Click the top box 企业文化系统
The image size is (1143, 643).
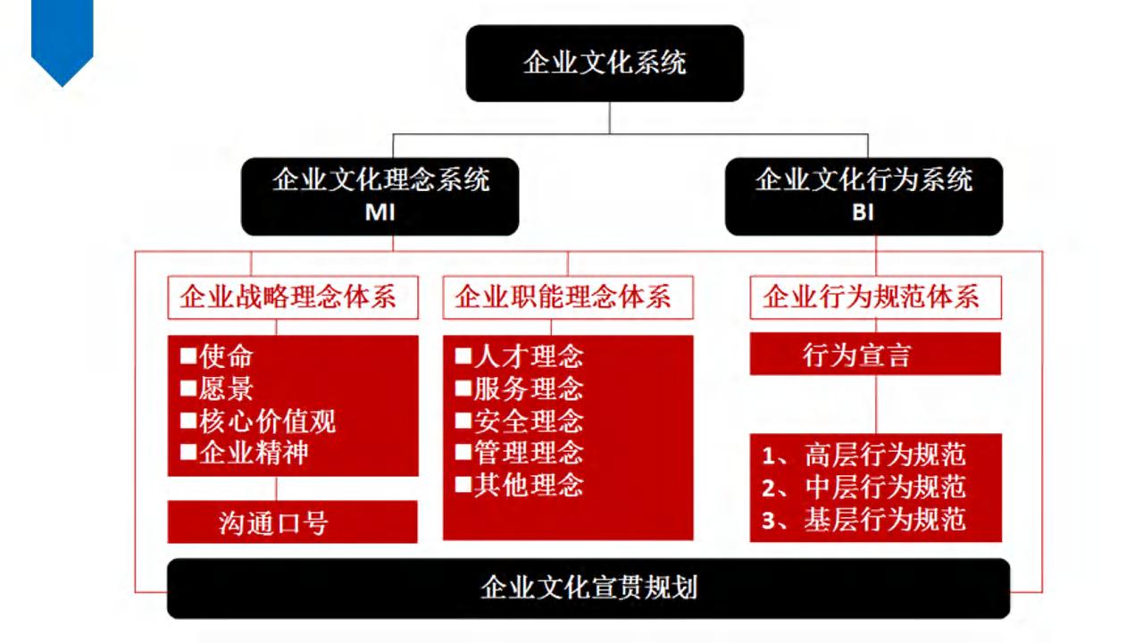click(605, 63)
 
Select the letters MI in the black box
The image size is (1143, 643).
click(380, 213)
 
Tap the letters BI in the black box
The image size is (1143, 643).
click(863, 213)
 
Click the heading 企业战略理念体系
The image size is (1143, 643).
click(288, 296)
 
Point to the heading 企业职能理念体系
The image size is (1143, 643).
click(563, 296)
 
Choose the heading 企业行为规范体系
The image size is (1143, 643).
click(871, 296)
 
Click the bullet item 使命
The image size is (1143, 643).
click(216, 355)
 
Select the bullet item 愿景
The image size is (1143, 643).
click(216, 388)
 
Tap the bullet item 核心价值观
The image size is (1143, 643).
click(258, 421)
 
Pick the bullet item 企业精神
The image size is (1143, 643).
click(245, 453)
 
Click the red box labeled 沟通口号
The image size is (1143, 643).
click(292, 522)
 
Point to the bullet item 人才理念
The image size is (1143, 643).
click(519, 355)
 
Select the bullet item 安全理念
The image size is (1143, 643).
click(519, 421)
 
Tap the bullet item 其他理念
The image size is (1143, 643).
click(519, 485)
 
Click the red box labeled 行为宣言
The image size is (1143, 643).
click(875, 354)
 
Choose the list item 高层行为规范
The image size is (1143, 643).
click(864, 455)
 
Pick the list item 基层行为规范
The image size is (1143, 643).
click(864, 520)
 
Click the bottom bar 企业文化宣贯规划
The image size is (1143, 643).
click(588, 589)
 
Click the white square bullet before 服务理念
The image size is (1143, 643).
click(463, 388)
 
